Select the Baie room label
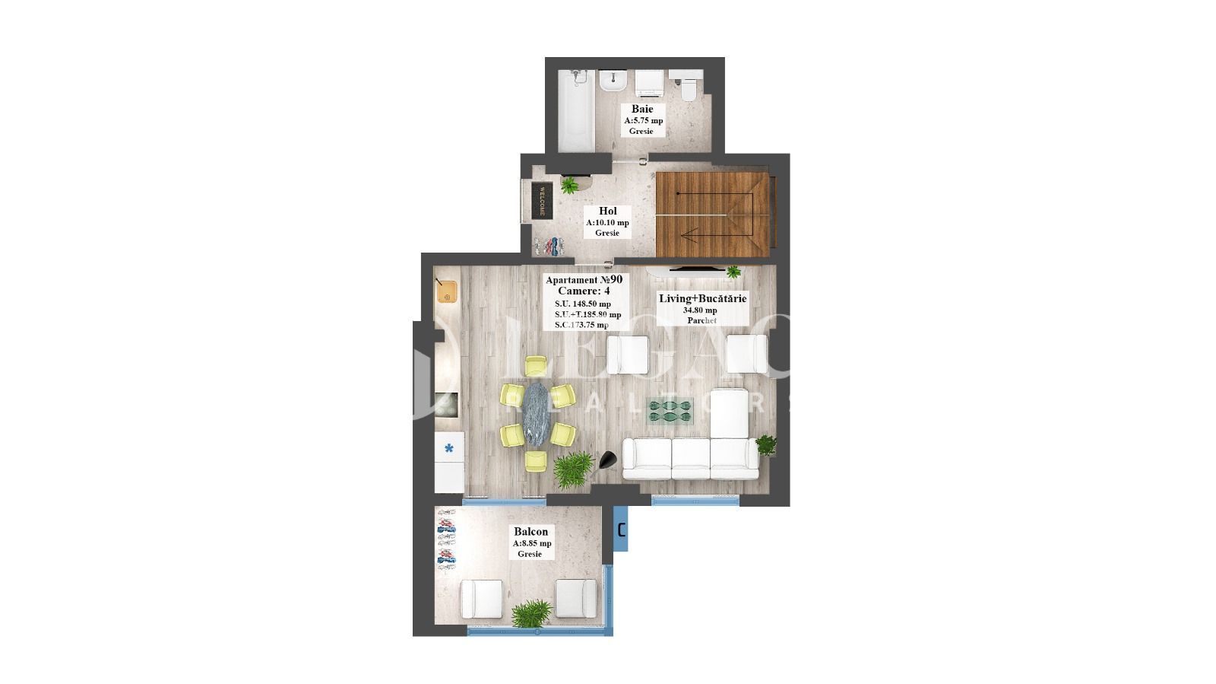point(642,109)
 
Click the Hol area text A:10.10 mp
point(607,223)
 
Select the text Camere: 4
point(583,291)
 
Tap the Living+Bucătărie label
point(702,298)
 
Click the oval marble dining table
point(536,415)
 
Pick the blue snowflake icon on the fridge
point(448,448)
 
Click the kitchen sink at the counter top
point(447,291)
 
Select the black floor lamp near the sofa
point(608,460)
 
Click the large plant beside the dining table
point(573,469)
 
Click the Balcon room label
point(530,532)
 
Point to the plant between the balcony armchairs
point(530,613)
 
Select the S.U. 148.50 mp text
point(582,304)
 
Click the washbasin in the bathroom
point(612,81)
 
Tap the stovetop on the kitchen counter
point(447,405)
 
